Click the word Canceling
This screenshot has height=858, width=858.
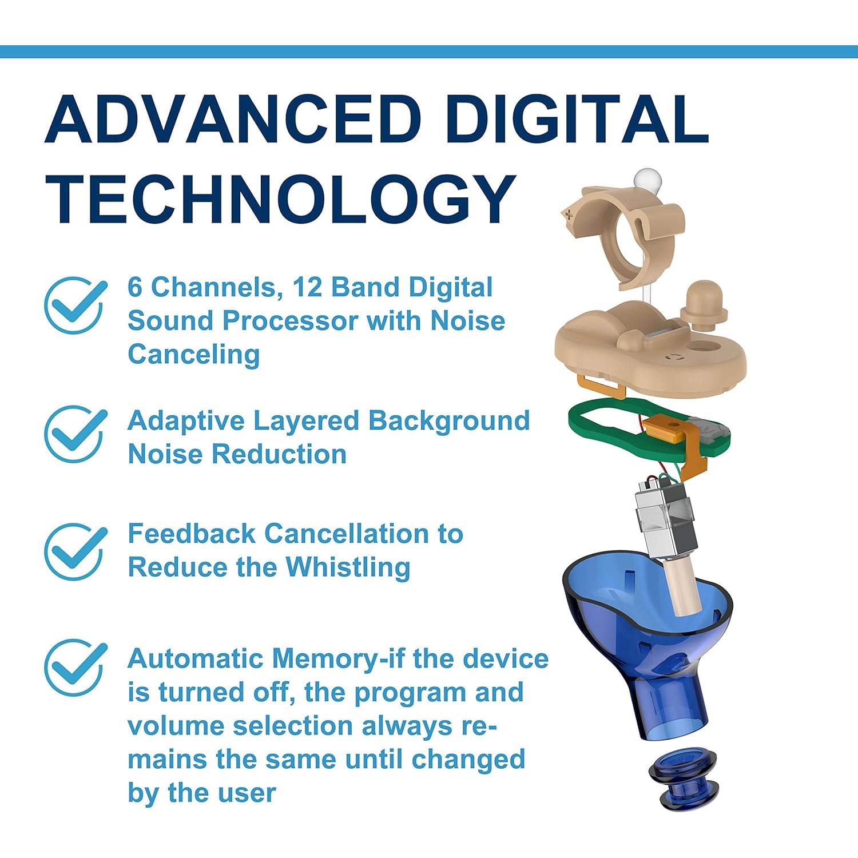193,355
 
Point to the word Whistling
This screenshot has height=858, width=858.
348,567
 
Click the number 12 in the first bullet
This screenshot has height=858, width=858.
307,287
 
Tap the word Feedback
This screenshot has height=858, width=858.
192,534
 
